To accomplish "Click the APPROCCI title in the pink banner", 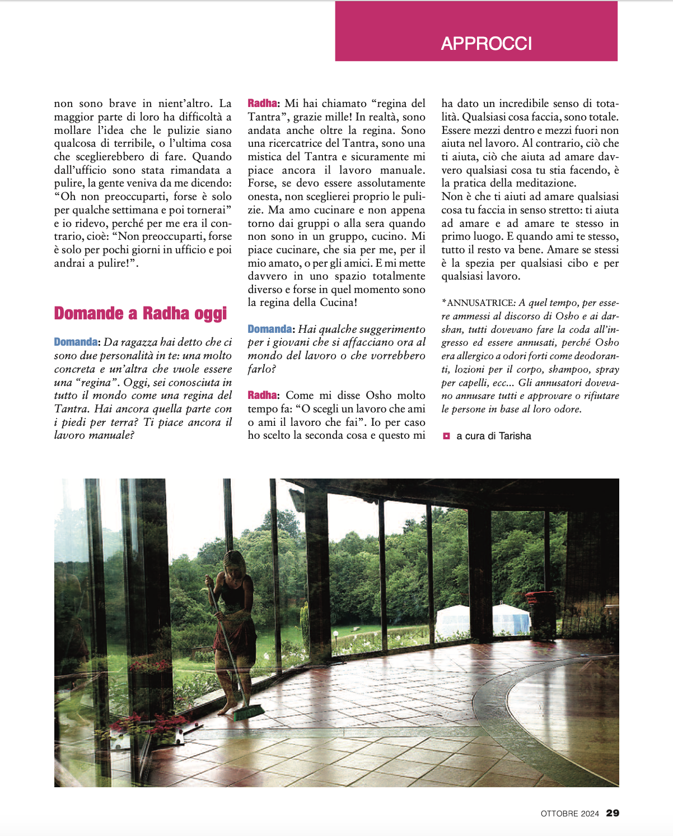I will point(486,44).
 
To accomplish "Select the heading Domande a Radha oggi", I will point(140,313).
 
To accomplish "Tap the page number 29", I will point(613,813).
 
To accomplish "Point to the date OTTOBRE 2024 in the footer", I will point(569,814).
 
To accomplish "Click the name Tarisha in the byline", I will point(515,436).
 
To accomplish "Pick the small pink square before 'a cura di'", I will point(446,435).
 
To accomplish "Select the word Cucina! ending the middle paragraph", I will point(338,303).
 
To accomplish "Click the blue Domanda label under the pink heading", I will point(76,342).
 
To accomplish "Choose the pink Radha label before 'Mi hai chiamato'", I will point(262,104).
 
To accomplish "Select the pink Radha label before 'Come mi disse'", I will point(262,396).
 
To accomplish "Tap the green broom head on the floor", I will point(248,713).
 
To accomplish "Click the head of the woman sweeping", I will point(234,562).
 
